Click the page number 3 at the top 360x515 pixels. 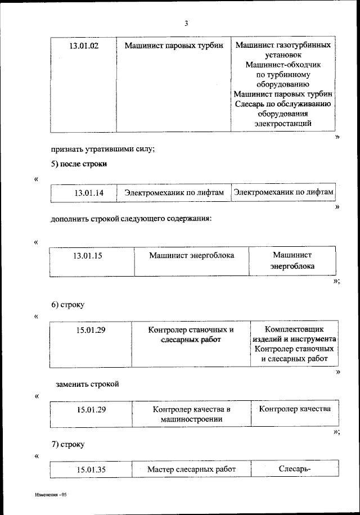point(186,23)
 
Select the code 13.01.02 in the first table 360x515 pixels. point(84,46)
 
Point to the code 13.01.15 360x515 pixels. point(88,255)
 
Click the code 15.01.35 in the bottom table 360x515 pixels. point(91,469)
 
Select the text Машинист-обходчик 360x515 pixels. point(283,64)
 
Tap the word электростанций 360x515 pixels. point(283,124)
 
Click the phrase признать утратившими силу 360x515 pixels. point(102,149)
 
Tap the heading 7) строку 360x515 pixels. point(68,445)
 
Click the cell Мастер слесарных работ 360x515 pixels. point(191,469)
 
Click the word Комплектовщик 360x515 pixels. point(294,329)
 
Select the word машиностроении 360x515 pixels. point(191,419)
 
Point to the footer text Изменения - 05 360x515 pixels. point(51,494)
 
